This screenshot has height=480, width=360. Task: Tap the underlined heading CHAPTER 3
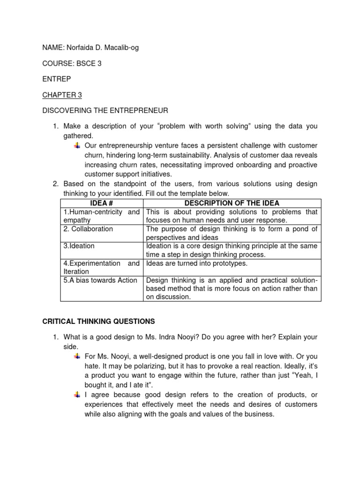[x=62, y=95]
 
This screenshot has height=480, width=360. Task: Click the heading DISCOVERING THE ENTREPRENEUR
[x=105, y=111]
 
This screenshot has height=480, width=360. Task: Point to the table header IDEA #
[x=102, y=203]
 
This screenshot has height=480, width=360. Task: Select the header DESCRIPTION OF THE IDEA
[x=232, y=203]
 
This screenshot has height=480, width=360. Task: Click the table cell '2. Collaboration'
[x=88, y=229]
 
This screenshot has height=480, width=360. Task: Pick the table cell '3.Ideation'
[x=79, y=246]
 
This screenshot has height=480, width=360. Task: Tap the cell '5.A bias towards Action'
[x=100, y=280]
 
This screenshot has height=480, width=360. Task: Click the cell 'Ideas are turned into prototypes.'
[x=197, y=263]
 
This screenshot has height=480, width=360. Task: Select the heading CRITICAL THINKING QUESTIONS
[x=98, y=321]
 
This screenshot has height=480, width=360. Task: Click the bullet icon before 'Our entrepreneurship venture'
[x=77, y=145]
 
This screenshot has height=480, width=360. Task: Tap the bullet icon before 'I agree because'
[x=77, y=395]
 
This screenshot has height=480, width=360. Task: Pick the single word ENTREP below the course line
[x=55, y=79]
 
